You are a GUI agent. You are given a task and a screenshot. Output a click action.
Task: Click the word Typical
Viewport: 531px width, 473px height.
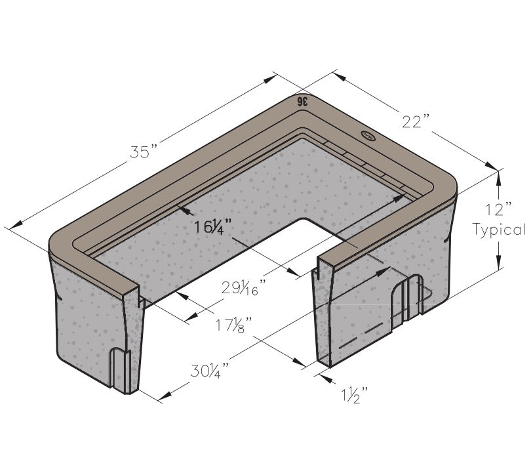(500, 230)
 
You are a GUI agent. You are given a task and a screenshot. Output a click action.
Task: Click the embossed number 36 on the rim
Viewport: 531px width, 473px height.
(302, 101)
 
